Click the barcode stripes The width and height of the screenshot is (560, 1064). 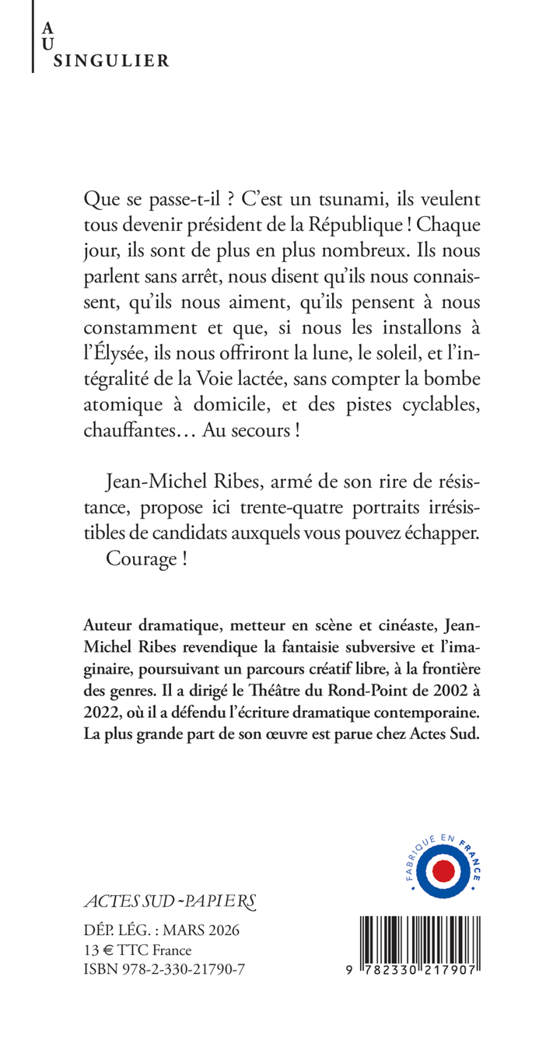(421, 936)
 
